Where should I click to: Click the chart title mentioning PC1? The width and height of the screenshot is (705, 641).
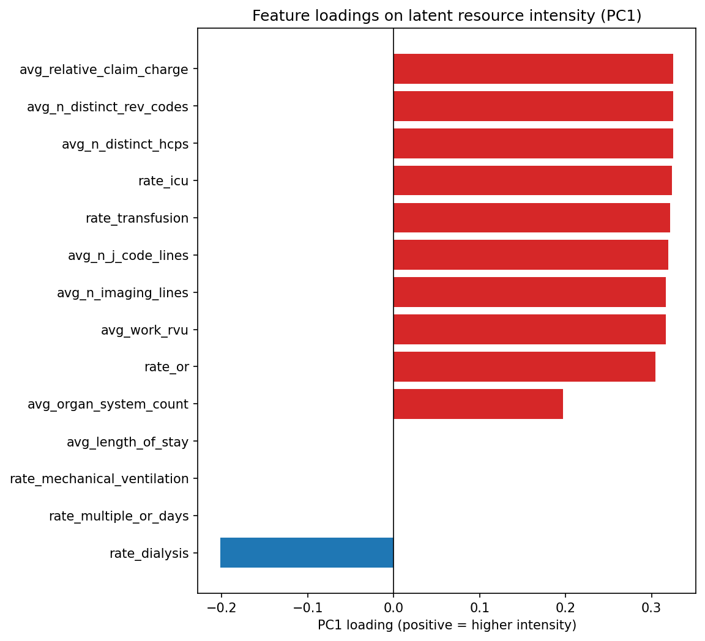tap(447, 17)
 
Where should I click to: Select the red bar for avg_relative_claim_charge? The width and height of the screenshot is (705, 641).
tap(533, 69)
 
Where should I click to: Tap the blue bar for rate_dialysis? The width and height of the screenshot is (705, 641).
tap(307, 553)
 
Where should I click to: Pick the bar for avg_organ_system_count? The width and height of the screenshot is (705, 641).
tap(478, 404)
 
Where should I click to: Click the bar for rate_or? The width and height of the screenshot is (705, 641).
tap(524, 367)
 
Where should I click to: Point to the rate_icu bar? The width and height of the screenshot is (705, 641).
tap(532, 180)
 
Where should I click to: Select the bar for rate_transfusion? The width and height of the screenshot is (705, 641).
tap(531, 218)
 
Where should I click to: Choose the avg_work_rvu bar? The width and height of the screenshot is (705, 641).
tap(529, 330)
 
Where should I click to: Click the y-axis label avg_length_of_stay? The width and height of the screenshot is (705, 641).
tap(127, 442)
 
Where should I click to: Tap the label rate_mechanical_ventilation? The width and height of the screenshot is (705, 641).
tap(99, 479)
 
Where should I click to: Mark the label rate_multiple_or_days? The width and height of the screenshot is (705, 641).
tap(119, 516)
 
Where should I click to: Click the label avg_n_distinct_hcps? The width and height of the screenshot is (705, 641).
tap(125, 144)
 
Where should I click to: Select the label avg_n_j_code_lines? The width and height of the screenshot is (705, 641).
tap(128, 256)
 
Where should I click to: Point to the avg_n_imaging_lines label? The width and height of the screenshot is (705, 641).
tap(122, 293)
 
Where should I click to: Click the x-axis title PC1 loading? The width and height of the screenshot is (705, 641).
tap(447, 625)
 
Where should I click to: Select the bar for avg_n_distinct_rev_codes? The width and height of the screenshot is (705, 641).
tap(533, 106)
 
